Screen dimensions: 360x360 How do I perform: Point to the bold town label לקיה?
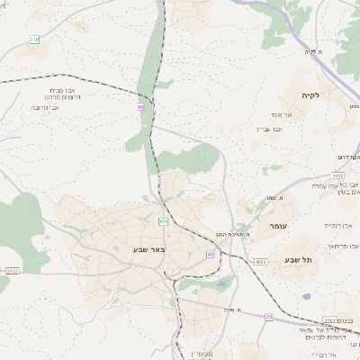(311, 94)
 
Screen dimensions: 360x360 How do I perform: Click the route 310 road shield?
(34, 40)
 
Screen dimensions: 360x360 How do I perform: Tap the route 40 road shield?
(140, 107)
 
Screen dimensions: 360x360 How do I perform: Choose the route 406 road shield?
(163, 220)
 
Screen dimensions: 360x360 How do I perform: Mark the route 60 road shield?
(211, 255)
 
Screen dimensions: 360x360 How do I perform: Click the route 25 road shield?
(268, 317)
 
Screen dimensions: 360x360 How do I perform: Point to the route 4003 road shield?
(261, 262)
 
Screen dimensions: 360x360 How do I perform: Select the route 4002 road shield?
(337, 175)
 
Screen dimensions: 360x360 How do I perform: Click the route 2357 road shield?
(12, 270)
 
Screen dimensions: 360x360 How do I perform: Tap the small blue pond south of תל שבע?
(307, 295)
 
